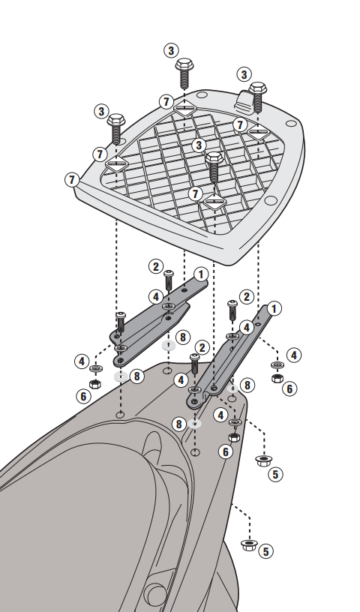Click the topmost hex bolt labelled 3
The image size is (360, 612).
click(x=184, y=73)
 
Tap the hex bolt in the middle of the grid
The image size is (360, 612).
click(x=214, y=167)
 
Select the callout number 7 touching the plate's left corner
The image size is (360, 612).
click(x=72, y=180)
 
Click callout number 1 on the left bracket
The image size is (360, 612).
click(x=201, y=274)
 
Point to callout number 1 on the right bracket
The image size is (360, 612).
click(x=274, y=309)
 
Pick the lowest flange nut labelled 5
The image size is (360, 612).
click(x=249, y=544)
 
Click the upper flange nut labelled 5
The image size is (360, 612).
click(x=263, y=460)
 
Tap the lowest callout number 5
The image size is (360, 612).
click(x=266, y=551)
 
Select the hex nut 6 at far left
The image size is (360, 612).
click(x=95, y=383)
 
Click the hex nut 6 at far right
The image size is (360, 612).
click(x=277, y=377)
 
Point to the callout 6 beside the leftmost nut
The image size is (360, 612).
click(x=83, y=397)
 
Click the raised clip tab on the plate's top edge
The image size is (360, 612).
click(x=244, y=100)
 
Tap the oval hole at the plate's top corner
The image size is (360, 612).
click(x=202, y=94)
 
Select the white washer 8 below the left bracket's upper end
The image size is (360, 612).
click(x=169, y=345)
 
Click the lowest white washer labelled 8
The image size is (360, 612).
click(x=194, y=424)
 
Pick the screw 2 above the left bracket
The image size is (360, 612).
click(x=168, y=280)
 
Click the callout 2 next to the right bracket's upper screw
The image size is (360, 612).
click(x=247, y=297)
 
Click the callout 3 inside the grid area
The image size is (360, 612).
click(x=199, y=145)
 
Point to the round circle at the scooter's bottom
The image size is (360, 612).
click(x=155, y=595)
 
